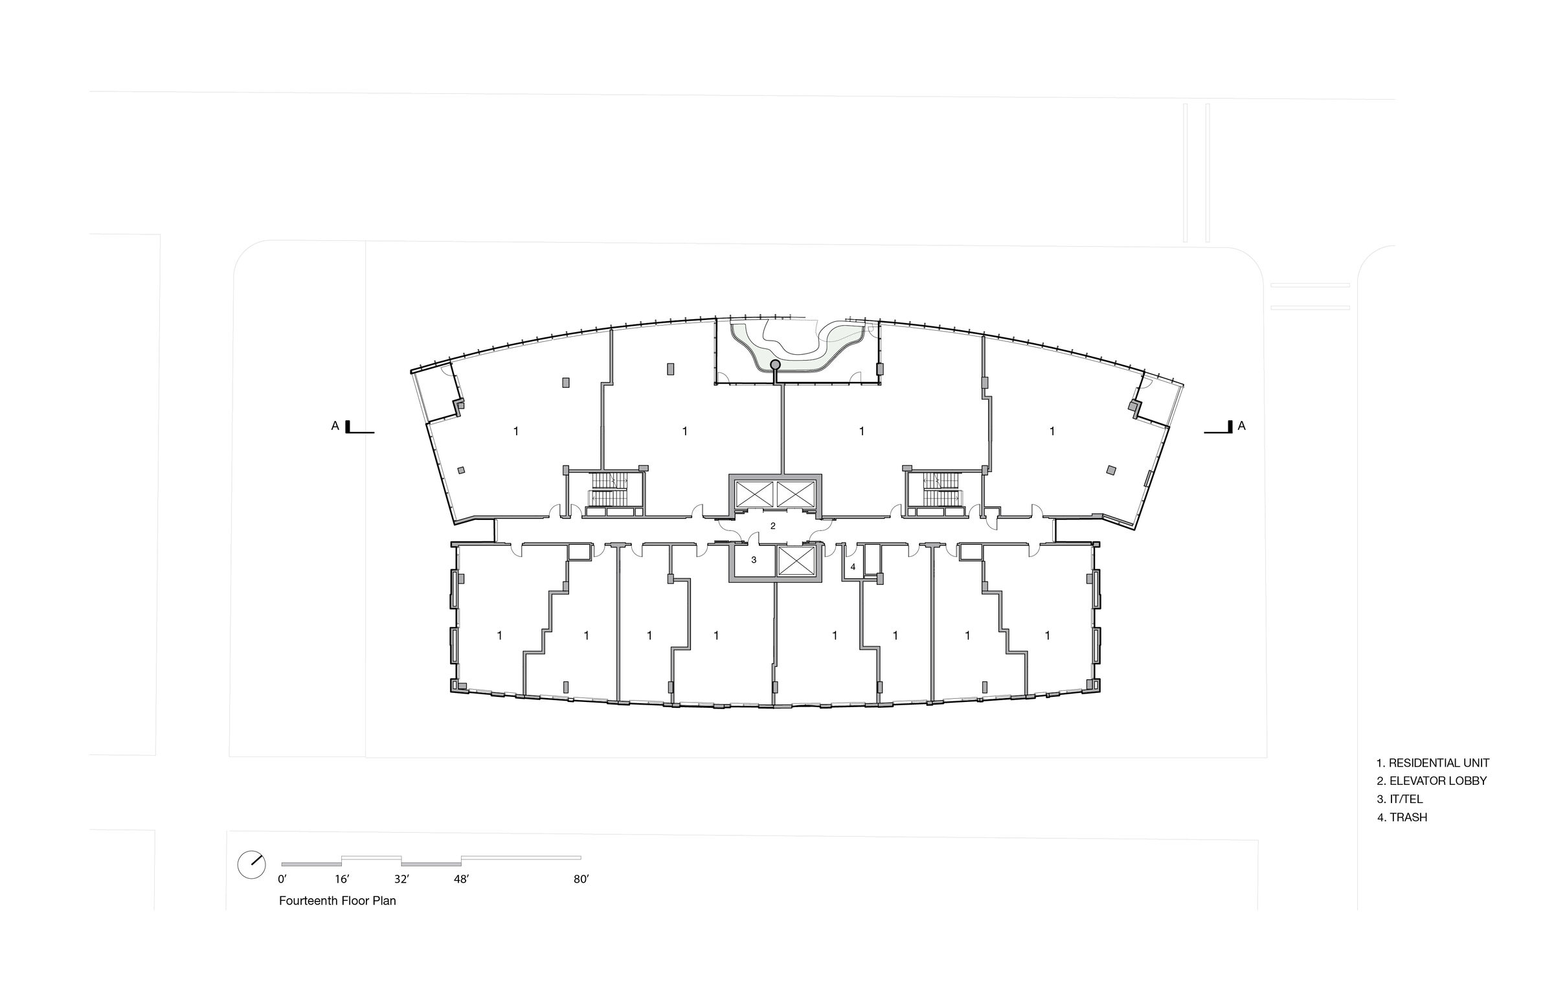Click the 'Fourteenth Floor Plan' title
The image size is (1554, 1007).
tap(337, 901)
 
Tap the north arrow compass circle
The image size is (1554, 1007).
tap(251, 865)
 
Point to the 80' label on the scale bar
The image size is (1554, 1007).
tap(581, 879)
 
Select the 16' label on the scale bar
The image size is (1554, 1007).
tap(342, 879)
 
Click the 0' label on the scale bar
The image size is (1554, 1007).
tap(282, 879)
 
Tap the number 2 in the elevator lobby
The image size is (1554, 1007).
tap(773, 526)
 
